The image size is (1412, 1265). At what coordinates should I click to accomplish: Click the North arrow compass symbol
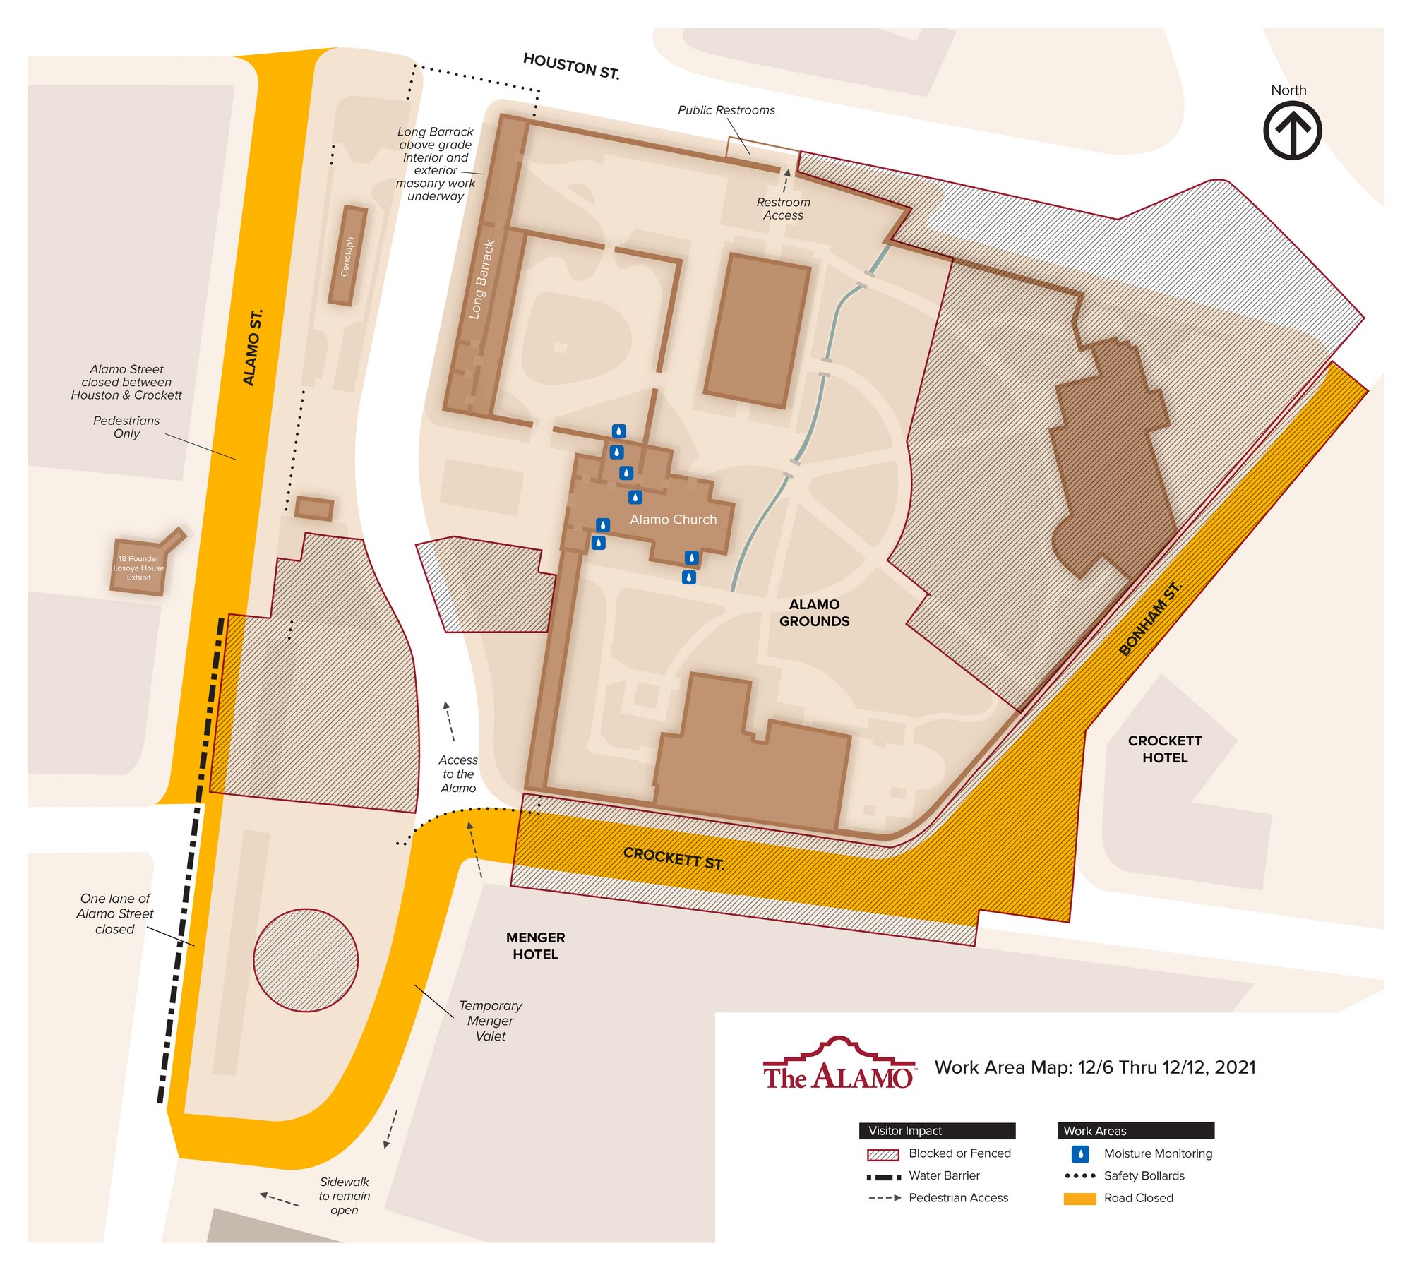click(1292, 131)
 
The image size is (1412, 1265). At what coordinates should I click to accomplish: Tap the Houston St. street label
click(571, 66)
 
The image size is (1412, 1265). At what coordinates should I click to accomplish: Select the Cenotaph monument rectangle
click(348, 256)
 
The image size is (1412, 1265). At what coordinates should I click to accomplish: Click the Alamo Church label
click(673, 520)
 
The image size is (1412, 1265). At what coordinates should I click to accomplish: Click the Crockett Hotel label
click(1165, 749)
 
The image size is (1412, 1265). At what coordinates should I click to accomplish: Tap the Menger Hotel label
click(535, 946)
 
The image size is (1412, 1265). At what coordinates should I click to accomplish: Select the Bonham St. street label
click(1150, 618)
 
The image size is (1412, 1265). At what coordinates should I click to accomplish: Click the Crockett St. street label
click(674, 858)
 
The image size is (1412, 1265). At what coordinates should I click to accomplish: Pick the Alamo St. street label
click(253, 347)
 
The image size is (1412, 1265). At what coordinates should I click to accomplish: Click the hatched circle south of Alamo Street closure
click(306, 960)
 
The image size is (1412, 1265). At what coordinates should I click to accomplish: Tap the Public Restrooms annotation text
click(726, 110)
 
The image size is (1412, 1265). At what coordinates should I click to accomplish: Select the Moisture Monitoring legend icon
click(1080, 1153)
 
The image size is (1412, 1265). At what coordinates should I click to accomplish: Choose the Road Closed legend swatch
click(1079, 1199)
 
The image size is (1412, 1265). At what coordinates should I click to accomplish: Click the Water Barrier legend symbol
click(883, 1177)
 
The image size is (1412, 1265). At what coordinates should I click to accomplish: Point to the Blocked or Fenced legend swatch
click(882, 1155)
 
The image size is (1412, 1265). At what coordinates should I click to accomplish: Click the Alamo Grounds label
click(814, 613)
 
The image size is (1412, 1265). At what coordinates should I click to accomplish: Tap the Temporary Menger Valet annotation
click(490, 1021)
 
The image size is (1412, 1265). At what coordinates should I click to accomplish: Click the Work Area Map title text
click(1094, 1067)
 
